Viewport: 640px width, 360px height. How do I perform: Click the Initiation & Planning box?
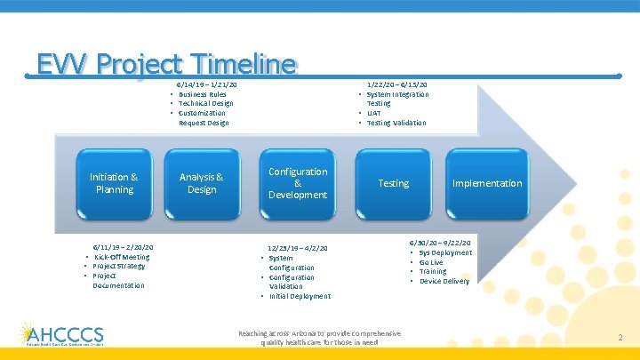pos(115,183)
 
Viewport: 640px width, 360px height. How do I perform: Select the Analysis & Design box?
pos(202,183)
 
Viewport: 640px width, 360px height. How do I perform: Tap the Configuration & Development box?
pos(298,183)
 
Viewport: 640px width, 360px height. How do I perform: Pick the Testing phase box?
pos(393,183)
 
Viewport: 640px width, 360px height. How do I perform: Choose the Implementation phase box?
pos(487,183)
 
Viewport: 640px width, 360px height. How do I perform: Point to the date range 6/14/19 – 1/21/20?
pos(207,84)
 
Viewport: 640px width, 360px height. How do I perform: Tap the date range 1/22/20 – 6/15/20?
pos(396,84)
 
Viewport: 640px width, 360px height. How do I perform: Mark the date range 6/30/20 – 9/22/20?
pos(440,243)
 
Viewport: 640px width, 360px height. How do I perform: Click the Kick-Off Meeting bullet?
pos(122,257)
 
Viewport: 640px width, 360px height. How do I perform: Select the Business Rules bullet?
pos(203,94)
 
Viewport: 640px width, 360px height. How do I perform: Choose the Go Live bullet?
pos(431,262)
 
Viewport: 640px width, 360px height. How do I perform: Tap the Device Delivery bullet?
pos(444,281)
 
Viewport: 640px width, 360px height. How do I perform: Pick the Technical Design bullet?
pos(206,103)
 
